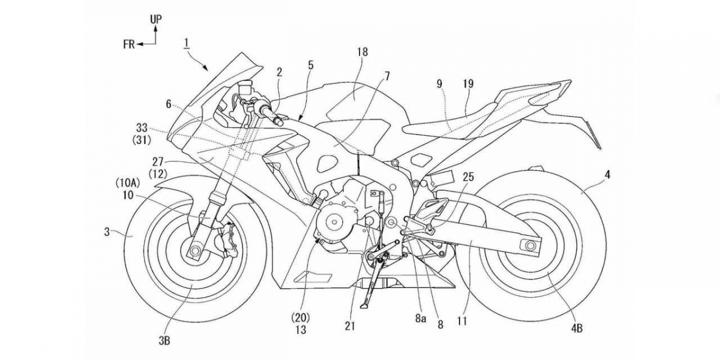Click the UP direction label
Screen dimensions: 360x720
click(x=155, y=19)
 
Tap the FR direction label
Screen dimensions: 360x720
click(x=128, y=44)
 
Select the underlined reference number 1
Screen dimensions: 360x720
click(x=187, y=42)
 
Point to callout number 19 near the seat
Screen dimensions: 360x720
click(x=468, y=84)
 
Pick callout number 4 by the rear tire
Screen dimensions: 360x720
click(x=608, y=176)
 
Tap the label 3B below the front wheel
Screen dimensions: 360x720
click(x=164, y=341)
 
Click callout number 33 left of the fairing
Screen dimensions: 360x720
click(x=142, y=128)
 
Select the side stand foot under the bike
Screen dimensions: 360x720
click(x=364, y=306)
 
